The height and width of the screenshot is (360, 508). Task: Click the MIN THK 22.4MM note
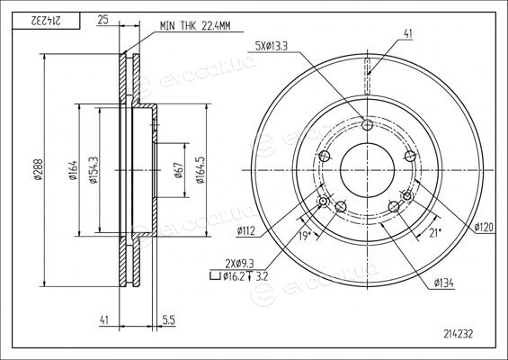pos(195,26)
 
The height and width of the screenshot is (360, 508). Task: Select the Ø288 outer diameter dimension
pos(38,169)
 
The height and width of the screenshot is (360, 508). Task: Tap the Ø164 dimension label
pos(73,170)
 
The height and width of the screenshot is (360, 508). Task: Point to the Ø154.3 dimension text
pos(94,169)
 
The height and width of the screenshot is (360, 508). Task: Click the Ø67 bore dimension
pos(179,170)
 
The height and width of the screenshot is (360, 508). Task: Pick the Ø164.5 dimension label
pos(201,170)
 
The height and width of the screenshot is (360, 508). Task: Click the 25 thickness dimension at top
pos(102,20)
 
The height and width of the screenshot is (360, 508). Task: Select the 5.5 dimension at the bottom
pos(168,320)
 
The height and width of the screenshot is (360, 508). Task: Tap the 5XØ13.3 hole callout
pos(272,47)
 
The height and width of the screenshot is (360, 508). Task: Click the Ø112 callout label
pos(246,231)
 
